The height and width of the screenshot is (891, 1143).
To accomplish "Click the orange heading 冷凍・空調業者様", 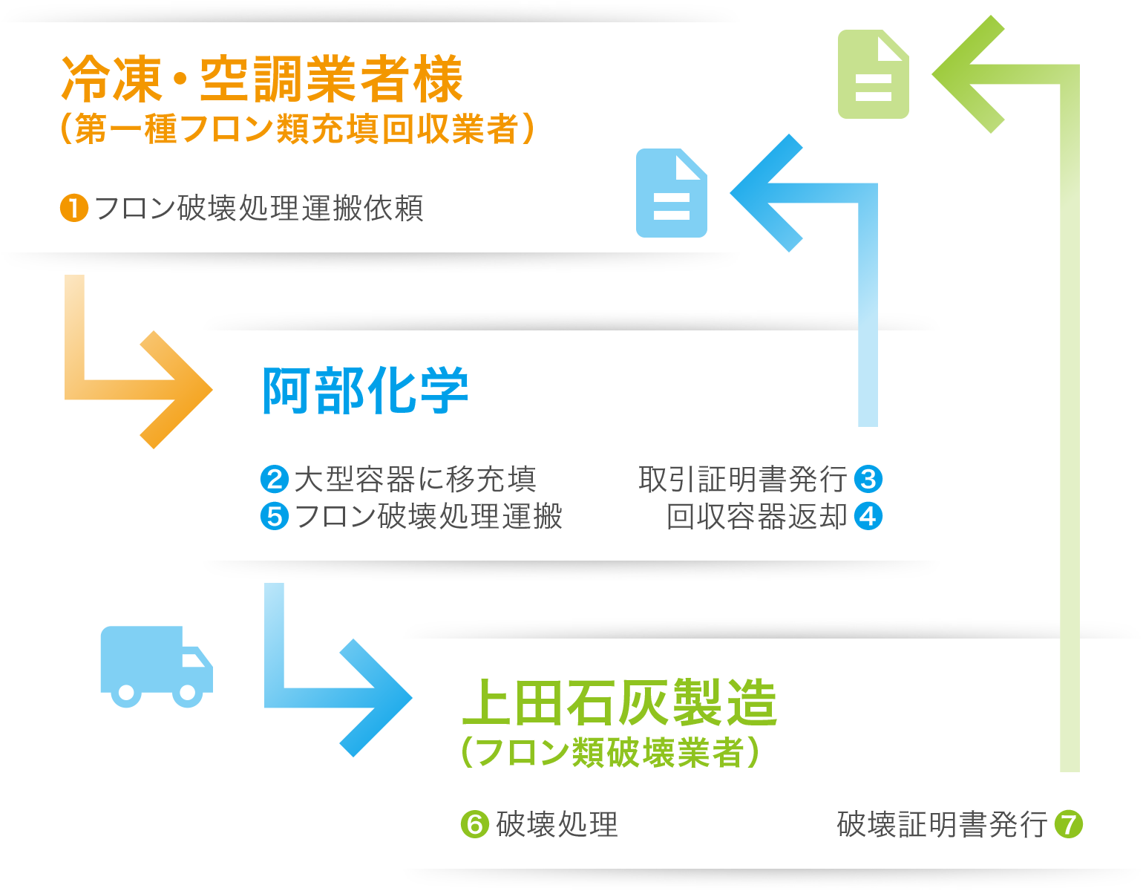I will pos(261,79).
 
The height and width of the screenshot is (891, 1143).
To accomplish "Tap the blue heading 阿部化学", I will pos(364,391).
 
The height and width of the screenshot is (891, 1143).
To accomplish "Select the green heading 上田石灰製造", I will pos(619,702).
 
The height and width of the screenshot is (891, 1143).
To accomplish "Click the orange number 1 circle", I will pos(74,208).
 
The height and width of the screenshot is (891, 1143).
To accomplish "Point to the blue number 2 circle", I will pos(275,479).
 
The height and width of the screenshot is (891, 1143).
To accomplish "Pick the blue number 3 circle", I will pos(868,479).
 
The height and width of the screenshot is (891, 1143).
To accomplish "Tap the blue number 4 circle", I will pos(868,516).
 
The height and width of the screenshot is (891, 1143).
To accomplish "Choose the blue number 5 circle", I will pos(275,516).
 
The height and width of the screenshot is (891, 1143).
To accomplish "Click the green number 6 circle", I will pos(475,824).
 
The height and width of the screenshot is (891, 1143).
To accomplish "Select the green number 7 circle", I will pos(1069,824).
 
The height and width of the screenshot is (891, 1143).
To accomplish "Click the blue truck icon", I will pos(157,666).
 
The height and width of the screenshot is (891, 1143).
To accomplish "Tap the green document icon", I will pos(874,74).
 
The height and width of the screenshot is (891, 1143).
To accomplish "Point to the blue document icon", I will pos(672,193).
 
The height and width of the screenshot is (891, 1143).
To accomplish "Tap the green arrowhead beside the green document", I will pos(969,74).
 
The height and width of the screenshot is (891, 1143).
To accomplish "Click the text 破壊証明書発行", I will pos(942,824).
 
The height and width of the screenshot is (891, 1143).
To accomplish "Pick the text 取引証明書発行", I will pos(742,479).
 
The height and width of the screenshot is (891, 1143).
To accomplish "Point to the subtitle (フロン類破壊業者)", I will pos(610,752).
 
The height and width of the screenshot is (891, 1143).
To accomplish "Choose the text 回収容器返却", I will pos(756,516).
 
